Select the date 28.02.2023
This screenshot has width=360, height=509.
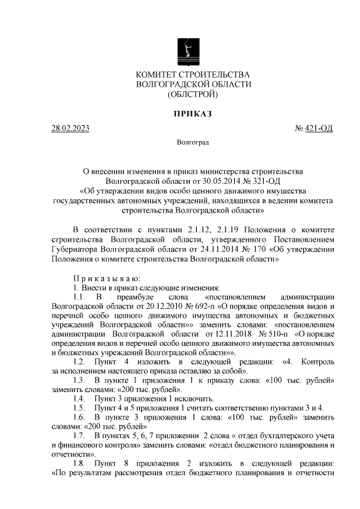click(70, 129)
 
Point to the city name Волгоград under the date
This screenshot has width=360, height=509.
click(192, 143)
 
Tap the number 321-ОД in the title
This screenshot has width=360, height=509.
click(263, 181)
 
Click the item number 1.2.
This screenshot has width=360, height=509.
click(80, 361)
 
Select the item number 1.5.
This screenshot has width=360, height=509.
click(80, 408)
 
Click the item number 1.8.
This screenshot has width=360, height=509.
click(80, 463)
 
